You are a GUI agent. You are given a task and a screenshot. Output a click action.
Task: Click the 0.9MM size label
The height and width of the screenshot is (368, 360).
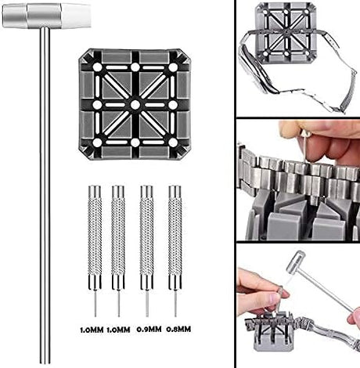coord(149,329)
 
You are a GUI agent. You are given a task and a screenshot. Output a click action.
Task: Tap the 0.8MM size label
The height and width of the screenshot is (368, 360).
coord(178,329)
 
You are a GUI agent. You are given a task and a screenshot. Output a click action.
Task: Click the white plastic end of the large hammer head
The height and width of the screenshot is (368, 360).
coord(76,16)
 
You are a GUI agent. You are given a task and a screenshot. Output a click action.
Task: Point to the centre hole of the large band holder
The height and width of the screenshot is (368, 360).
coord(135,105)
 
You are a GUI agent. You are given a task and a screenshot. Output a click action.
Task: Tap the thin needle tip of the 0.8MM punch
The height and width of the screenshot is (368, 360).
coord(175,304)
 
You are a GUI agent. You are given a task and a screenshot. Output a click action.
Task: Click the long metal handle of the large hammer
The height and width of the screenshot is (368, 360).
coord(45,196)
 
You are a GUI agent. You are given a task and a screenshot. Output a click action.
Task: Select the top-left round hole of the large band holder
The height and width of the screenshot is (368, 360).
coord(97,67)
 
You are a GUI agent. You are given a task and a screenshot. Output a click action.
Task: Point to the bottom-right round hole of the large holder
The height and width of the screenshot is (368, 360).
coord(173,143)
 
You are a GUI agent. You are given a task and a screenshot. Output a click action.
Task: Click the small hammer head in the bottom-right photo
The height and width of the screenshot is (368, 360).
coord(296,260)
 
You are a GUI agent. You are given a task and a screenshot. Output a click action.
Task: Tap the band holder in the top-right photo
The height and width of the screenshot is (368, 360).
coord(286,33)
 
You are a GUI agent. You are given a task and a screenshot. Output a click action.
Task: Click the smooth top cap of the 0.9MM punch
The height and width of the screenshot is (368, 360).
coord(146,191)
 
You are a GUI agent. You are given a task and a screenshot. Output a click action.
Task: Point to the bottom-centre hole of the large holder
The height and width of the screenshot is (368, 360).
coord(135,143)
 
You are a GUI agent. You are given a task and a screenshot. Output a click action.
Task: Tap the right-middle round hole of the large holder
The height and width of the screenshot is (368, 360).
coord(173,105)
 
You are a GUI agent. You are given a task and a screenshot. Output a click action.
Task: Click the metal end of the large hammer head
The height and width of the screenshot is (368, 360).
coord(15,16)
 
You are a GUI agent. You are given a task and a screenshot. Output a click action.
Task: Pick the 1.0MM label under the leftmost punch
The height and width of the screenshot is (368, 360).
coord(92,330)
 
